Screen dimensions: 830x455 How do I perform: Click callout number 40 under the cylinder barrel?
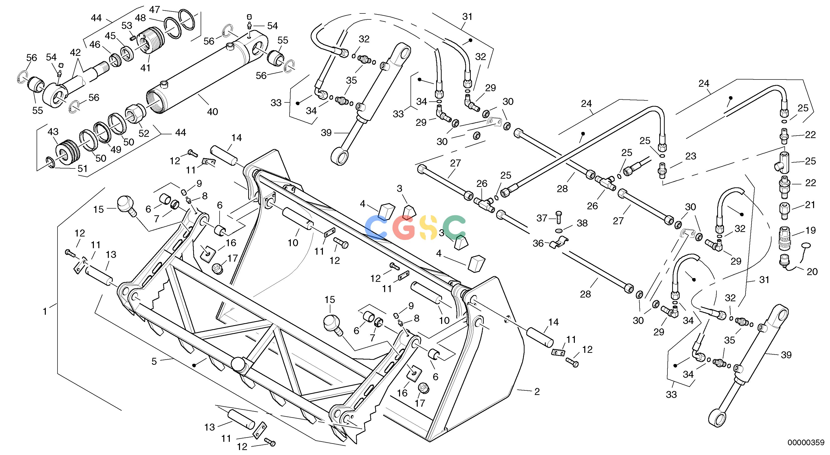tap(212, 112)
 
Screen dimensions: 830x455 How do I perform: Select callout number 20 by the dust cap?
tap(812, 272)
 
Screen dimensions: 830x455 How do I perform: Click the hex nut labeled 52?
tap(135, 113)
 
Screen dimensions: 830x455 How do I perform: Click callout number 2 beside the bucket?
tap(537, 391)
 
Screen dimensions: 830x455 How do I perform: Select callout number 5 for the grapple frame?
tap(154, 362)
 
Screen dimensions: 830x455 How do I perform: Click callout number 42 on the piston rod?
tap(75, 53)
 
